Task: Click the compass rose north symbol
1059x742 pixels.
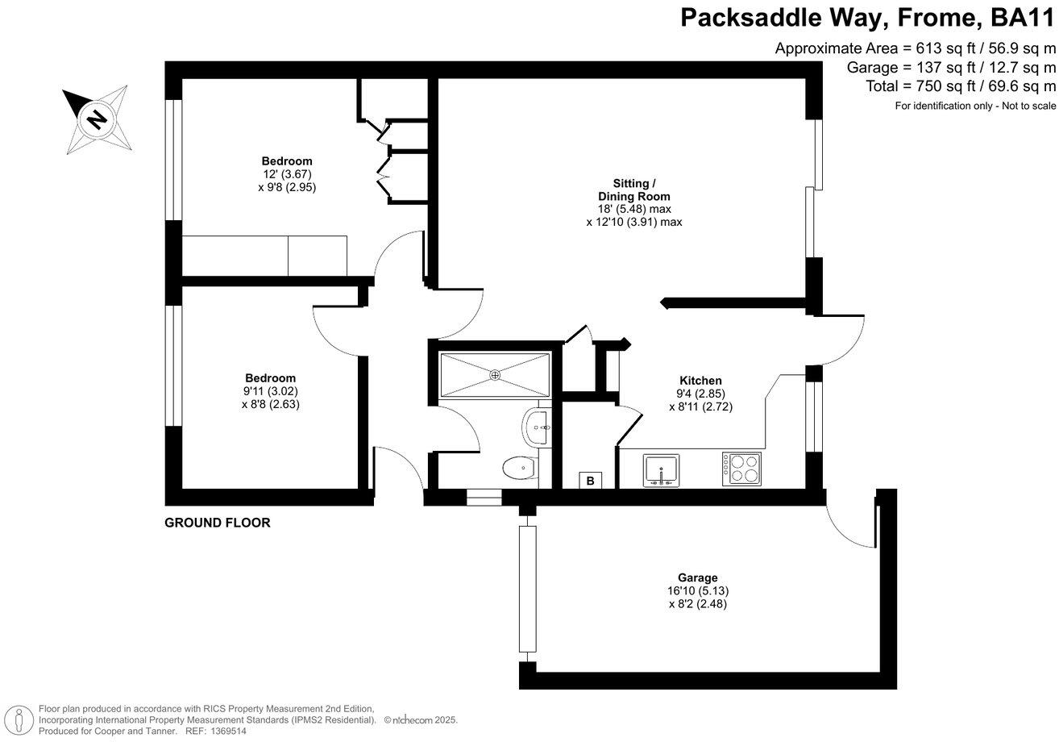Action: tap(96, 119)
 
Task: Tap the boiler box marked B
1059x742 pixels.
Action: tap(590, 481)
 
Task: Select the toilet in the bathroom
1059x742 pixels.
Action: tap(518, 467)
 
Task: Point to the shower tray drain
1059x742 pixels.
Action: tap(494, 374)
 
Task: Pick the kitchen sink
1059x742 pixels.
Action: tap(661, 470)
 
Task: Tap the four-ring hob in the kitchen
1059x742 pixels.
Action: tap(742, 469)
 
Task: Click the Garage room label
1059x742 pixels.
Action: tap(697, 577)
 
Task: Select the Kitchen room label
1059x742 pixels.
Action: tap(700, 381)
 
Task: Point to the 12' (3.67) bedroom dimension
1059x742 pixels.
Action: tap(286, 173)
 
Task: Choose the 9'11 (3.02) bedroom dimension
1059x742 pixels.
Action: tap(270, 391)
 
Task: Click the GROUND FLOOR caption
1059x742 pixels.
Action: tap(217, 523)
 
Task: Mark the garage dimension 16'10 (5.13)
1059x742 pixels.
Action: tap(697, 590)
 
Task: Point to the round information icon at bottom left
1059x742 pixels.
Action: tap(17, 719)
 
